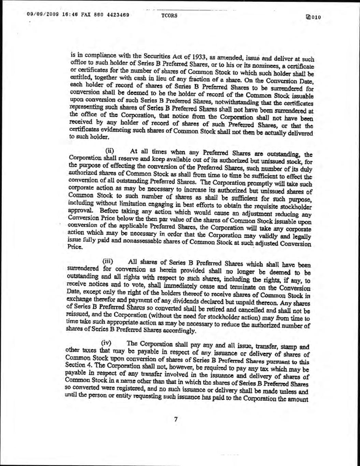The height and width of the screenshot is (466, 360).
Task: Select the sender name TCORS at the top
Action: coord(167,16)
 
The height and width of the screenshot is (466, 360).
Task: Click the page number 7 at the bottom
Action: coord(176,419)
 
